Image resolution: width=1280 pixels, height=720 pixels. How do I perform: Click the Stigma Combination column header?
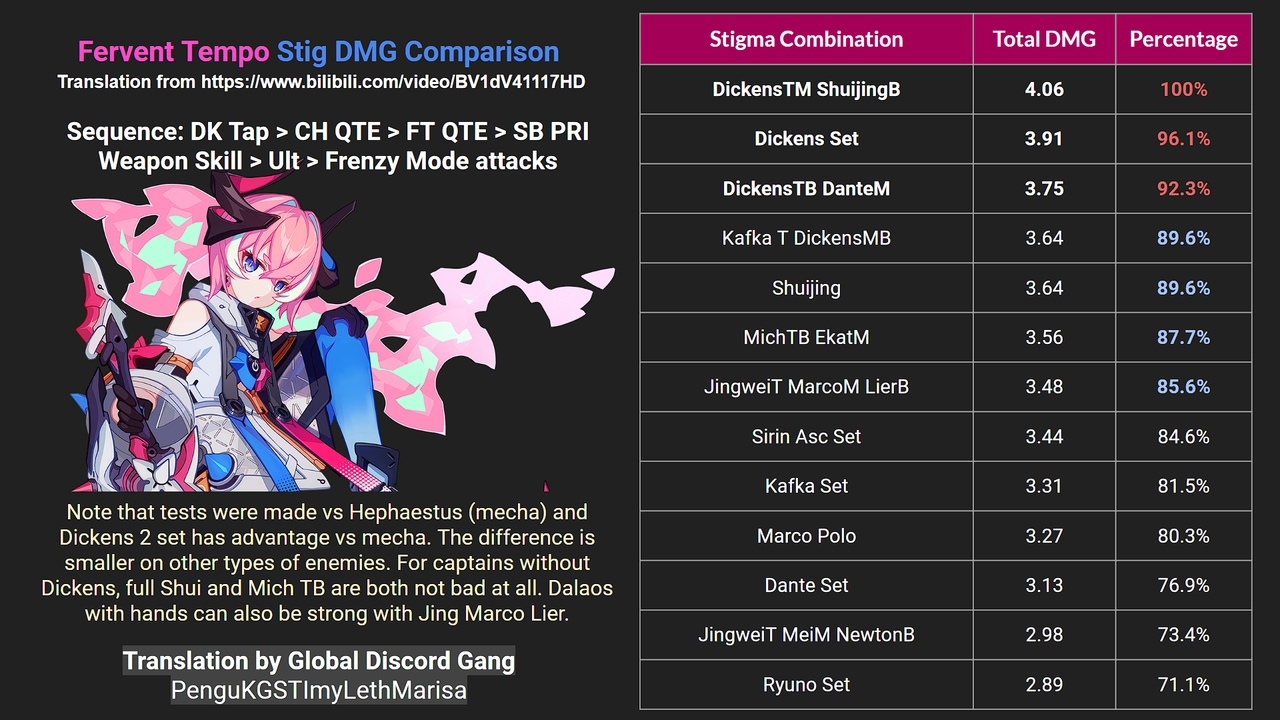pyautogui.click(x=806, y=39)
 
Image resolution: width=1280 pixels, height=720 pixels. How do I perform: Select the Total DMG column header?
pyautogui.click(x=1044, y=39)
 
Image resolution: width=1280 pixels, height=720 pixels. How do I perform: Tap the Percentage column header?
pyautogui.click(x=1183, y=39)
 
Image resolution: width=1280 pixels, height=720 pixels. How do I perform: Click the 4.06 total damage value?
pyautogui.click(x=1044, y=89)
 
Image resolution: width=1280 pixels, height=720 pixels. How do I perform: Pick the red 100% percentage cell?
pyautogui.click(x=1183, y=89)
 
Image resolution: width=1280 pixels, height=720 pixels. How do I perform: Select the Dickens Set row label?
pyautogui.click(x=806, y=139)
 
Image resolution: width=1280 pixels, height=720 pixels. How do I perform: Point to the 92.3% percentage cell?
pyautogui.click(x=1183, y=189)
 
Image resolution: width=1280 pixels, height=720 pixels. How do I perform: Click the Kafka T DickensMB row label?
pyautogui.click(x=806, y=238)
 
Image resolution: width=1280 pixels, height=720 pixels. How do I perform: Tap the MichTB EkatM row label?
pyautogui.click(x=806, y=337)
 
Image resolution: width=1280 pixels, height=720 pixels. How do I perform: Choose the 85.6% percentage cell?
pyautogui.click(x=1183, y=387)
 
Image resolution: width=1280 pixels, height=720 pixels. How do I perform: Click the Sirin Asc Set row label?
pyautogui.click(x=806, y=437)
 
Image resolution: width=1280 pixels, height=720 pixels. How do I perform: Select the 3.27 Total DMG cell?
pyautogui.click(x=1044, y=536)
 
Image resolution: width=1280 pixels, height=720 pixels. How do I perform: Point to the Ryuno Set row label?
pyautogui.click(x=806, y=685)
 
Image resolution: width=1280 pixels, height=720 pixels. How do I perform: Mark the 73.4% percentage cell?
pyautogui.click(x=1183, y=635)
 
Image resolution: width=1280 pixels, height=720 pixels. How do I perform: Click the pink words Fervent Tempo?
pyautogui.click(x=173, y=52)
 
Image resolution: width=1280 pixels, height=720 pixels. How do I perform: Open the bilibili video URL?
pyautogui.click(x=393, y=82)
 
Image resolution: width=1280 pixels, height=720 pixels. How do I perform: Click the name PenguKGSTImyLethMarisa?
pyautogui.click(x=319, y=690)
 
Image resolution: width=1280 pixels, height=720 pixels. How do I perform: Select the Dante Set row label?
pyautogui.click(x=806, y=586)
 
